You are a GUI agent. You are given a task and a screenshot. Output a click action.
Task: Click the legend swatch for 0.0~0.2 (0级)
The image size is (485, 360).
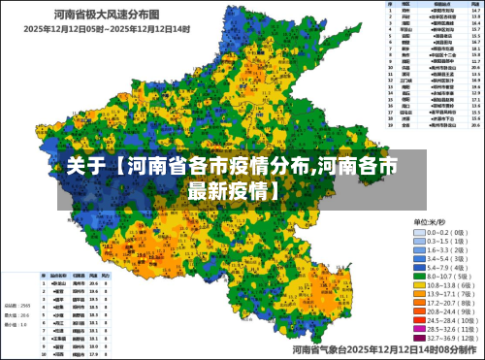click(x=420, y=233)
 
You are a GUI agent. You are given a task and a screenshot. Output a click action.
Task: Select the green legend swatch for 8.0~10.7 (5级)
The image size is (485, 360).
click(x=420, y=276)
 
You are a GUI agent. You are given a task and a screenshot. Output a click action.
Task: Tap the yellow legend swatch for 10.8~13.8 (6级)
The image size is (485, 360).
click(x=420, y=286)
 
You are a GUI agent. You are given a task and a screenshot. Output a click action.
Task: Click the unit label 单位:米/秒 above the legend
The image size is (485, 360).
click(x=432, y=221)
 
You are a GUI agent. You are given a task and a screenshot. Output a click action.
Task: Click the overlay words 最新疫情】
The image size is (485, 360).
click(x=233, y=189)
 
